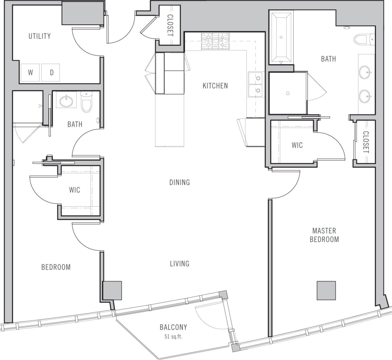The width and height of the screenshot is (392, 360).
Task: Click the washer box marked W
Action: [x=30, y=72]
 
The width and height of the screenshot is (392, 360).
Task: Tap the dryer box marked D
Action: [x=51, y=72]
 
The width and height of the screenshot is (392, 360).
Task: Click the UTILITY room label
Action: [x=40, y=36]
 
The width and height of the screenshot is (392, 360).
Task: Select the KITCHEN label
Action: [x=215, y=86]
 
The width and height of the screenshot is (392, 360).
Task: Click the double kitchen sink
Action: [x=255, y=85]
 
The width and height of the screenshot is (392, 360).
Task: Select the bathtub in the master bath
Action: [x=281, y=38]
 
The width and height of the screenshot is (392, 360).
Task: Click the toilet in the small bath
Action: [x=87, y=102]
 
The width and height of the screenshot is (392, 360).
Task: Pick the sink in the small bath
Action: [x=66, y=100]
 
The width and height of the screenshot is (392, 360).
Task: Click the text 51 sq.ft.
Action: [x=173, y=337]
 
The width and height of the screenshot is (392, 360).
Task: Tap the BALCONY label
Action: [x=173, y=327]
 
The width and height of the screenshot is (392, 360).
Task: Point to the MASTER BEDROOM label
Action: [x=324, y=235]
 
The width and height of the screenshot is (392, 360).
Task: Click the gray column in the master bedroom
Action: [x=326, y=291]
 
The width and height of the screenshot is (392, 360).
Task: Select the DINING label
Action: [x=180, y=182]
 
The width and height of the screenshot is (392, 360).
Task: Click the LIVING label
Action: [x=180, y=264]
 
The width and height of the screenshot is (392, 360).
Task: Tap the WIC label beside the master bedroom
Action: [x=297, y=145]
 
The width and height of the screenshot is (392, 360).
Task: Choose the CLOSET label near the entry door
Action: [x=170, y=25]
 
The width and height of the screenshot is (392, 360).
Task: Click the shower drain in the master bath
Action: [x=288, y=93]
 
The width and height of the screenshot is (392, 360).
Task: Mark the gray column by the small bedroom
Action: [x=112, y=291]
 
